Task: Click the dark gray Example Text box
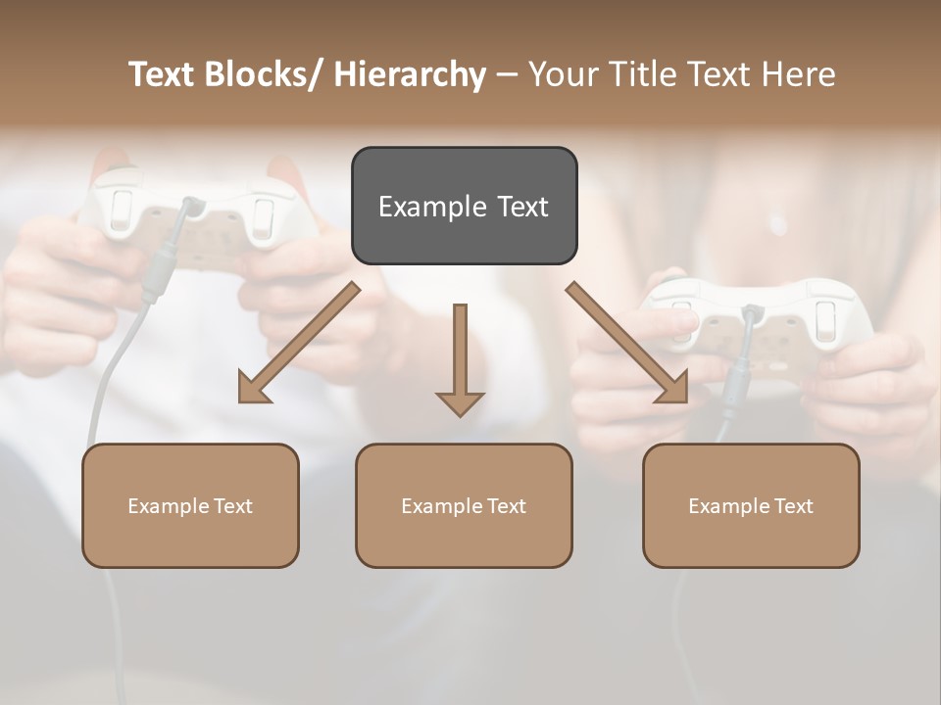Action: pyautogui.click(x=464, y=206)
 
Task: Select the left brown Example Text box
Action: pyautogui.click(x=190, y=505)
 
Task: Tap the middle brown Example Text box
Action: pyautogui.click(x=464, y=505)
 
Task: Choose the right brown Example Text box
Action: pyautogui.click(x=751, y=505)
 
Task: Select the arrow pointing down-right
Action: pyautogui.click(x=628, y=343)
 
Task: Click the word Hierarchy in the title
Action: pyautogui.click(x=410, y=74)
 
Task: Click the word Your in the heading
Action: pyautogui.click(x=562, y=74)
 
